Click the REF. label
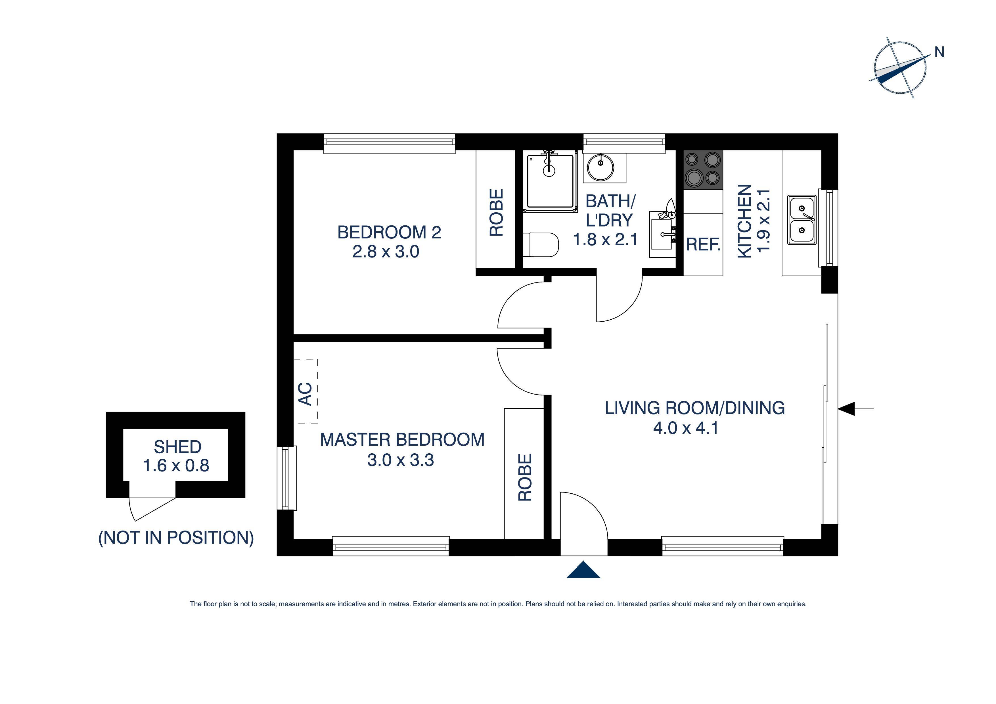703,245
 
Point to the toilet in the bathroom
541,245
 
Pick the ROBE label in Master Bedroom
525,477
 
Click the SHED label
177,447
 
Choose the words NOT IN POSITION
176,538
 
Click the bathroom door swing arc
625,304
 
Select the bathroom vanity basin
662,234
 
